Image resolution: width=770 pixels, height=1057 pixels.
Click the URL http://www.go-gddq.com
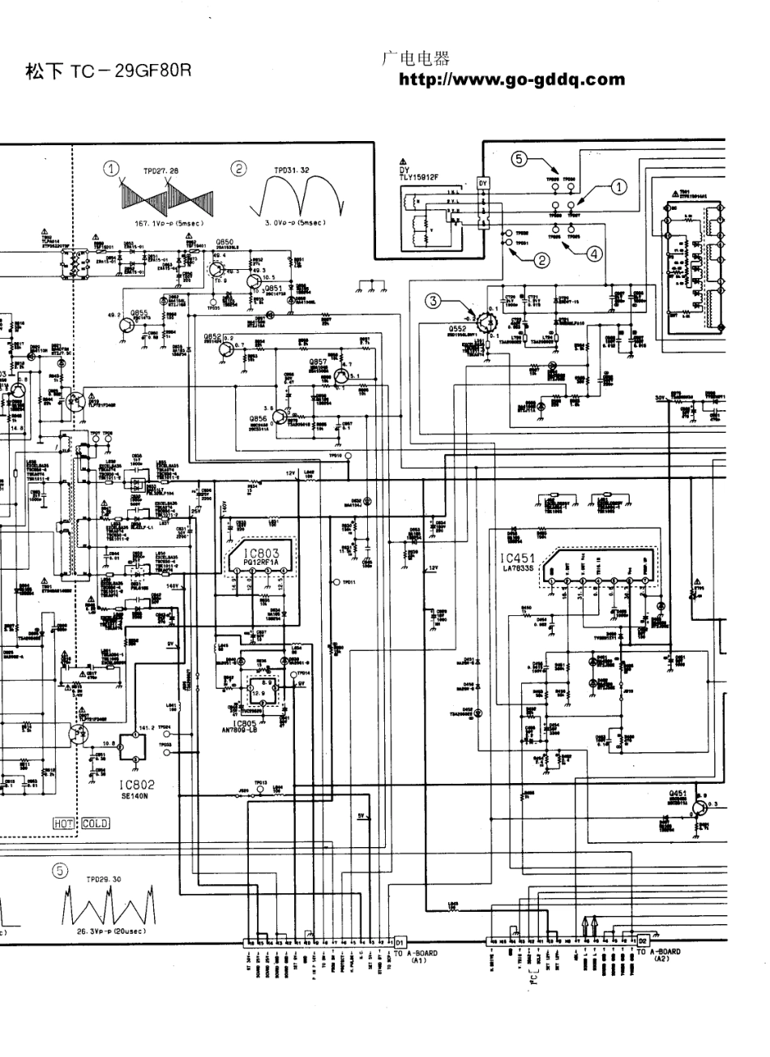[x=511, y=79]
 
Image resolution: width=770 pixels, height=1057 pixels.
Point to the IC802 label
[x=135, y=785]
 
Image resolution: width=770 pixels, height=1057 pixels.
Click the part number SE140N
[x=135, y=796]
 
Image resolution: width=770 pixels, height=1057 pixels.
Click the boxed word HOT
[x=63, y=824]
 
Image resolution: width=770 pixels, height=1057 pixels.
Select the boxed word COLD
[x=95, y=824]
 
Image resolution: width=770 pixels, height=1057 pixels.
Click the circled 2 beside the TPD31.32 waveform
[x=238, y=169]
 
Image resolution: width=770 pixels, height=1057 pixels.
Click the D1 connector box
[x=400, y=942]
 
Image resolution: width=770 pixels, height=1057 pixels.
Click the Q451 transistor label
[x=678, y=794]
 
